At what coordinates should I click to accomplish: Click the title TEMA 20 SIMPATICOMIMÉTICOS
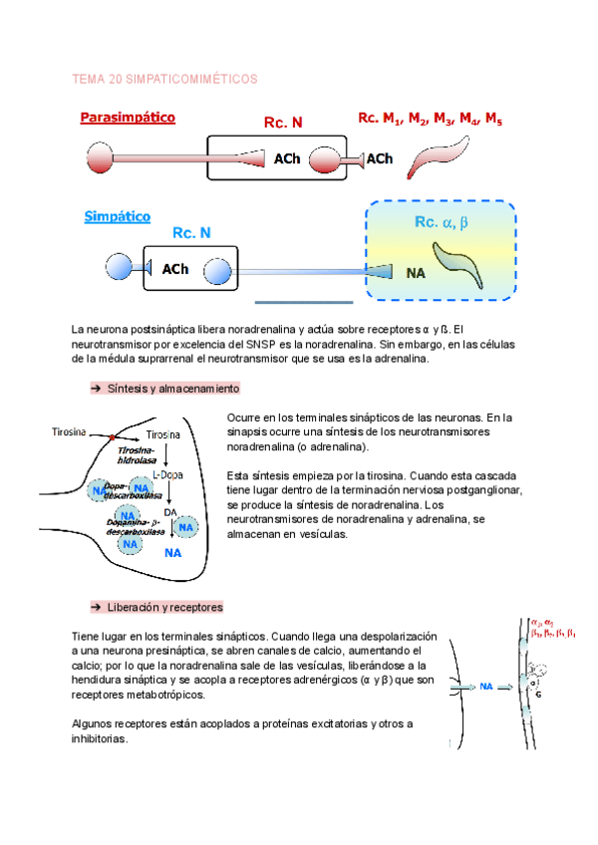coord(165,78)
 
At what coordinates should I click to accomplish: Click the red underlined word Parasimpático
coord(127,118)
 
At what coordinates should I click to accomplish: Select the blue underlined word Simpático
coord(118,215)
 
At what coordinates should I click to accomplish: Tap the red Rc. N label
coord(283,123)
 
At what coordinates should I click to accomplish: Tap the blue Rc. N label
coord(191,233)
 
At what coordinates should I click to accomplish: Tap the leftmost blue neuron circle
coord(119,267)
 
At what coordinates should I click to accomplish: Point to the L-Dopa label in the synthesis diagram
coord(167,475)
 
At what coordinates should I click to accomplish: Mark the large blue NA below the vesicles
coord(173,551)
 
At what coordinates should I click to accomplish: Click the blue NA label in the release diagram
coord(487,687)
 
